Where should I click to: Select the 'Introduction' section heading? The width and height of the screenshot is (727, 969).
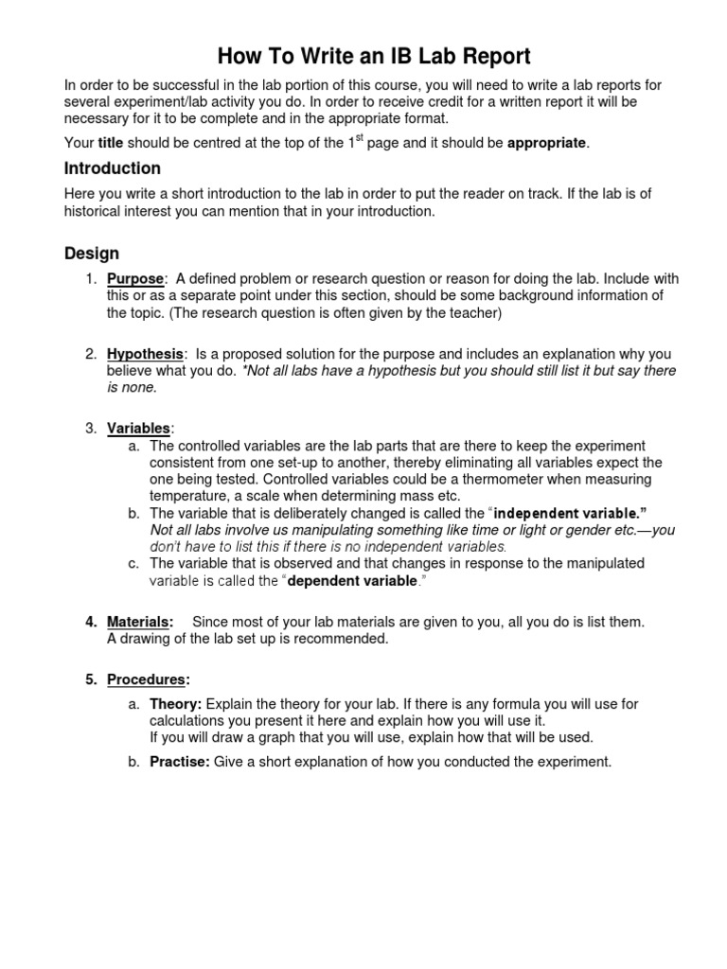113,168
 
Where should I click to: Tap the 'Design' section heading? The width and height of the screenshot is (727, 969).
92,253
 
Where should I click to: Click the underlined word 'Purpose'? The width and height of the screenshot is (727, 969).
135,279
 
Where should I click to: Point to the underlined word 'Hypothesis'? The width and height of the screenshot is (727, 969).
145,354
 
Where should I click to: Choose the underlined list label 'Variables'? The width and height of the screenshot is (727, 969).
138,429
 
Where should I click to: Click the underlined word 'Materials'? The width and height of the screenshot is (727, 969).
139,622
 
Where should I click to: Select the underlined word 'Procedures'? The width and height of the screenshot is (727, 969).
147,678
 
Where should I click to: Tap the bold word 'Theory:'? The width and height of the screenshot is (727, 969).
175,704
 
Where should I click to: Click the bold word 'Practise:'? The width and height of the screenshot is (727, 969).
179,761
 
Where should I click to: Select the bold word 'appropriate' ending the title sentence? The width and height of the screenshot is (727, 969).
547,143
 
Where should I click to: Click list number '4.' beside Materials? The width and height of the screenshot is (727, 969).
91,622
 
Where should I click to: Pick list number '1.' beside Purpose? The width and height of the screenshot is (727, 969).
91,279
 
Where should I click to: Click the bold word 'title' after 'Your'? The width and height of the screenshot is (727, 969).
112,143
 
